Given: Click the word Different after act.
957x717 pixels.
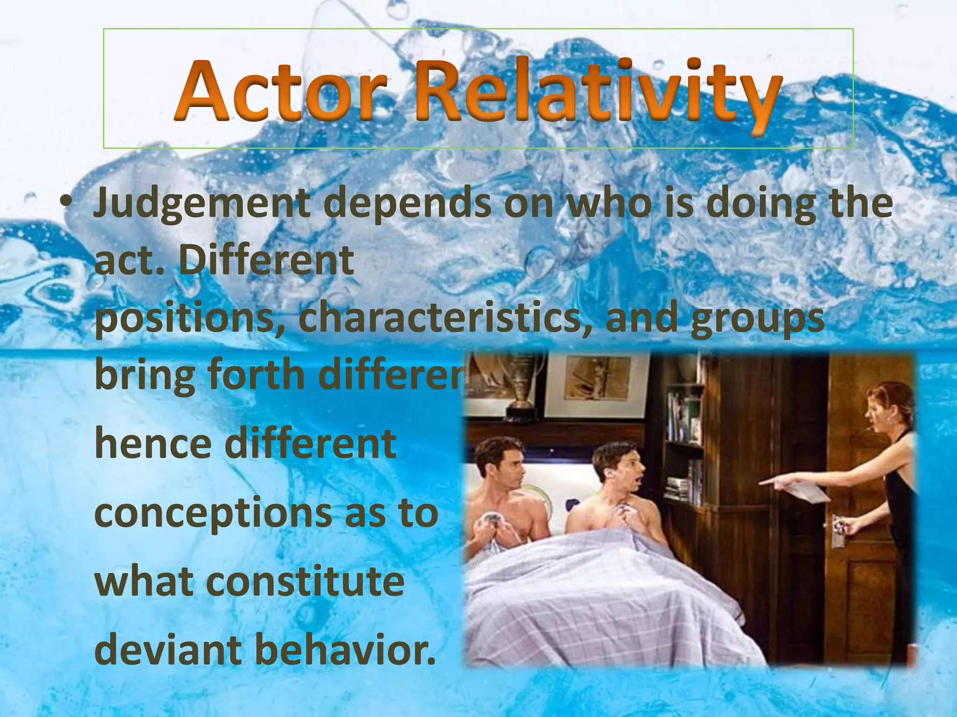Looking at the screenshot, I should (266, 261).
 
